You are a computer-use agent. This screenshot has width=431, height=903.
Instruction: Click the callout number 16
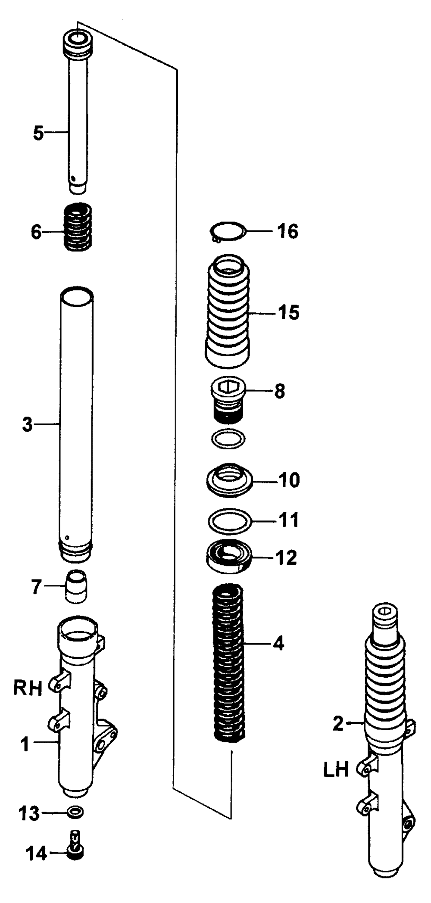coord(288,231)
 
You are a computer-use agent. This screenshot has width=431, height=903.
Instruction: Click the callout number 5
coord(39,133)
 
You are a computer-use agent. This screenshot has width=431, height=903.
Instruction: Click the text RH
coord(28,689)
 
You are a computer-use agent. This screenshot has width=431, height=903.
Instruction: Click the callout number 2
coord(338,724)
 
